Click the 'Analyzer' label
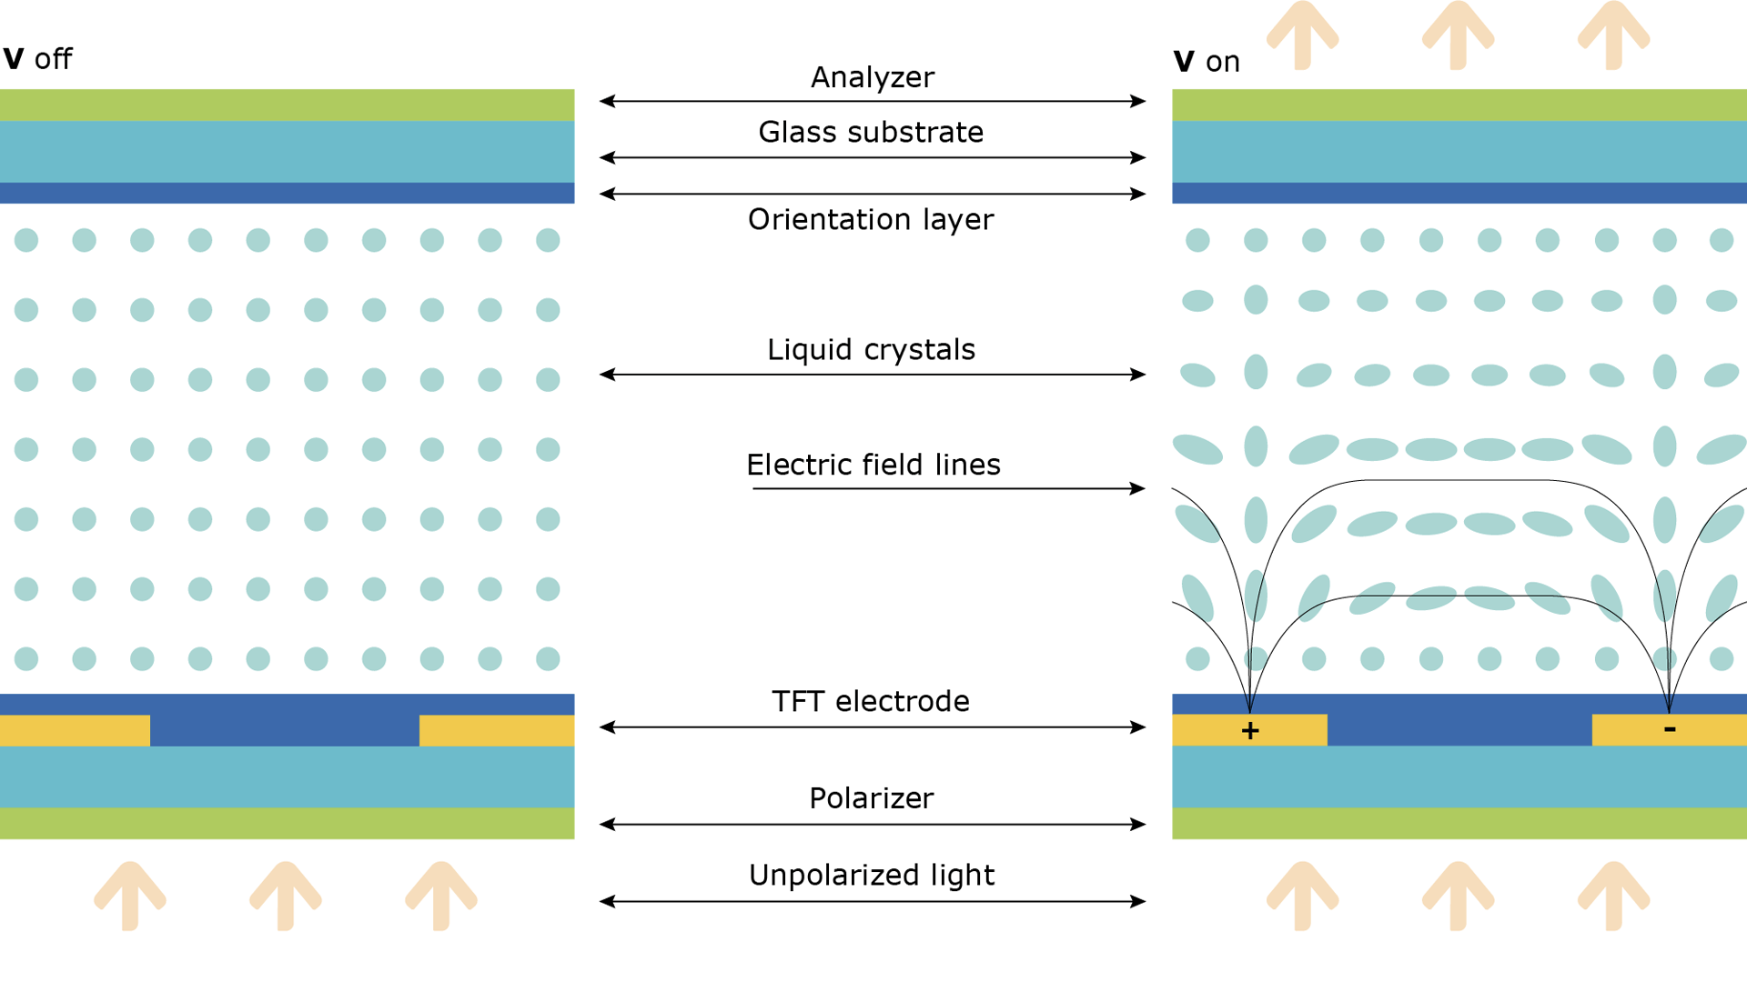872,77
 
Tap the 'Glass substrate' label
871,133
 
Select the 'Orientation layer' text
871,220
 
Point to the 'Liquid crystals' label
871,350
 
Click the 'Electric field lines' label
873,466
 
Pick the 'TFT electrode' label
871,702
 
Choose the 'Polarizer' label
871,798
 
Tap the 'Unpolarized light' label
871,876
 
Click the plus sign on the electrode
1250,730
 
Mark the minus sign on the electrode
1670,728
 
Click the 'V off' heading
37,59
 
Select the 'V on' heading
1207,62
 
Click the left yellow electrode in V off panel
75,731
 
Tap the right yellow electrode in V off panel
497,731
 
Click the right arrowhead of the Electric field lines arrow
1138,489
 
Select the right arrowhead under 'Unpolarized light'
1138,902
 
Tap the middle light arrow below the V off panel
286,896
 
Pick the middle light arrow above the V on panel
1458,35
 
